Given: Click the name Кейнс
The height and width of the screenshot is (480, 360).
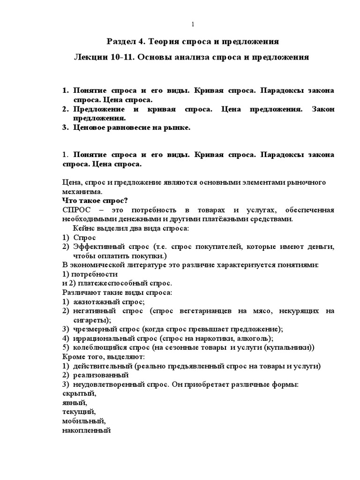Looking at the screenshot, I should tap(84, 228).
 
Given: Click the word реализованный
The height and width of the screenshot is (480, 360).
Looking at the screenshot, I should tap(101, 375).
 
